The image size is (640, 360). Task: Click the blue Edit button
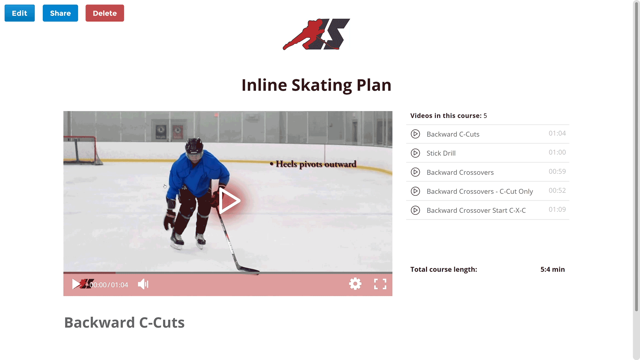[x=20, y=13]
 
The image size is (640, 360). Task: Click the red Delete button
[x=105, y=13]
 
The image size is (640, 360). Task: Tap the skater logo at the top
[x=316, y=34]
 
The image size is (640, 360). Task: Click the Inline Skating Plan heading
[x=316, y=85]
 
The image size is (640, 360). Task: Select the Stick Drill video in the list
[x=441, y=153]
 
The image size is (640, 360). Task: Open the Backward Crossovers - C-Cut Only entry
[x=480, y=191]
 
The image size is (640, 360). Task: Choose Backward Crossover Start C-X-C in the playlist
[x=476, y=210]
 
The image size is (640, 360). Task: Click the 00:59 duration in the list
[x=557, y=171]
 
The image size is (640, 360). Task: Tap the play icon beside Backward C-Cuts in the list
[x=415, y=134]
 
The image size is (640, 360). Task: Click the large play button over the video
[x=229, y=201]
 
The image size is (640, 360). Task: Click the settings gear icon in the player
[x=355, y=284]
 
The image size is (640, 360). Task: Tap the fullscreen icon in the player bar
[x=380, y=284]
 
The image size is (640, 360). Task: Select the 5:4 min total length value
[x=552, y=269]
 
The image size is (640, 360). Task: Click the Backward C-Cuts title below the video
[x=124, y=323]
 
